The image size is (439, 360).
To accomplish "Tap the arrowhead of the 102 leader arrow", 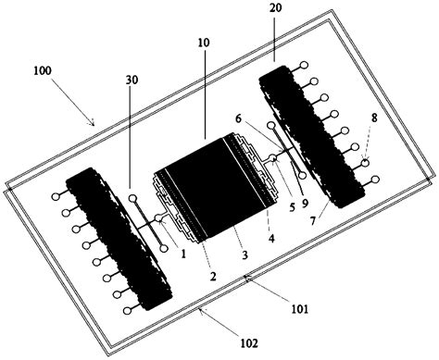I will coord(200,312).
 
